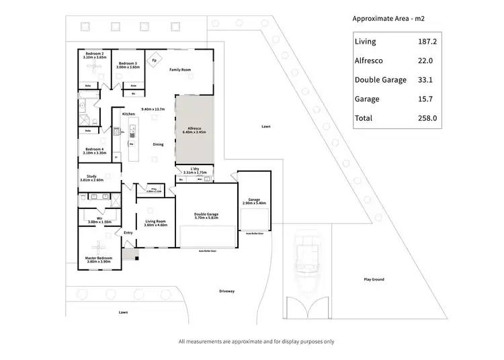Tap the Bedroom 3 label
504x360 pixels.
(127, 64)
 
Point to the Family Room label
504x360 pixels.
(180, 70)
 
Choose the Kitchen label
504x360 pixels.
(128, 115)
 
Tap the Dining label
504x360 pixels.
(158, 144)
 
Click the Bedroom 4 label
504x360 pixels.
(93, 150)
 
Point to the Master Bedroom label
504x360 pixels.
(98, 258)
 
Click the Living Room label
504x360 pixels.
(155, 222)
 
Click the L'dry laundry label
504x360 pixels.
(195, 169)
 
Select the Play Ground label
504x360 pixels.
(374, 279)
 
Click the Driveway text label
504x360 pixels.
(227, 291)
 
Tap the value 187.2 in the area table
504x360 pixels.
(428, 41)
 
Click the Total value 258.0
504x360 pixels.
(428, 118)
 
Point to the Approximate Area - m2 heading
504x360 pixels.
(388, 18)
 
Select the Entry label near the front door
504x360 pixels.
(128, 233)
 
